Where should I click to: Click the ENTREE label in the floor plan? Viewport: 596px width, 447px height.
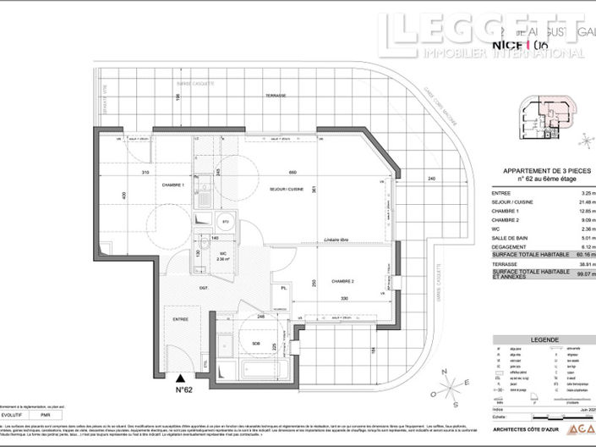(x=181, y=319)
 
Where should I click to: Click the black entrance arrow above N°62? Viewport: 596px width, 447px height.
(x=180, y=378)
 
